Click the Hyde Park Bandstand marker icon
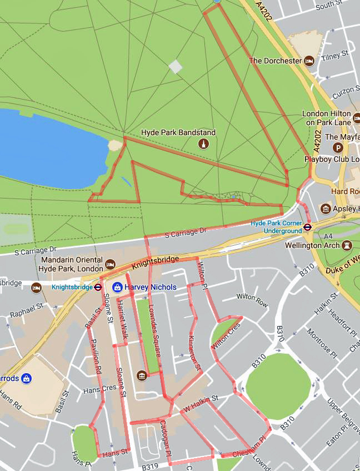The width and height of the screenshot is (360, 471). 204,145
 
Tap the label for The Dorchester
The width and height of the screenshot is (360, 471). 275,61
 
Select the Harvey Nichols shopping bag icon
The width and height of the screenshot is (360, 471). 117,287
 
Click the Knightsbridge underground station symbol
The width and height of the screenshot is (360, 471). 98,287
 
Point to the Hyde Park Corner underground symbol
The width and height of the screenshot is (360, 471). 307,226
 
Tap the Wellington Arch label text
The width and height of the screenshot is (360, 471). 311,245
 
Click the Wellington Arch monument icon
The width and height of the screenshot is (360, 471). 347,245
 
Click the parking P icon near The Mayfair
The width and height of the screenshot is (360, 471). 338,147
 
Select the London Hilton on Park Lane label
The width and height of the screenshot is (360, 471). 326,118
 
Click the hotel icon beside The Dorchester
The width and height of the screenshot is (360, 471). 310,61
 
